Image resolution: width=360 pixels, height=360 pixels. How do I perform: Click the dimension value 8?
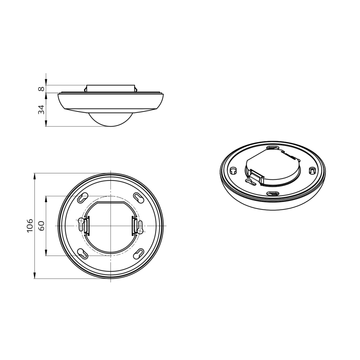(x=41, y=89)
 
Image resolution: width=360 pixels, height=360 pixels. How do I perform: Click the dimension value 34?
(x=41, y=109)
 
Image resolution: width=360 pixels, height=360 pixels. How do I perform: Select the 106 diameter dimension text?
(x=30, y=226)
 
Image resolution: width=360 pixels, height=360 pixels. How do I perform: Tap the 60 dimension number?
(x=41, y=226)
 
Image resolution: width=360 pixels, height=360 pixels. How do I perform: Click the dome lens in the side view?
(x=111, y=120)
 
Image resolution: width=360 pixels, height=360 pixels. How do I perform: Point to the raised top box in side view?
(x=111, y=89)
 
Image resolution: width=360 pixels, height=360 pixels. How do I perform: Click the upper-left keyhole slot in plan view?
(x=83, y=198)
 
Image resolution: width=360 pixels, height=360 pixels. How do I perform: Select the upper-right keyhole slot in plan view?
(x=139, y=198)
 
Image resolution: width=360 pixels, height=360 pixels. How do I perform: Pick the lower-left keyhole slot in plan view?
(x=83, y=254)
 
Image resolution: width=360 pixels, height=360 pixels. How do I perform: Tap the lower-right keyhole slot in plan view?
(x=139, y=254)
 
